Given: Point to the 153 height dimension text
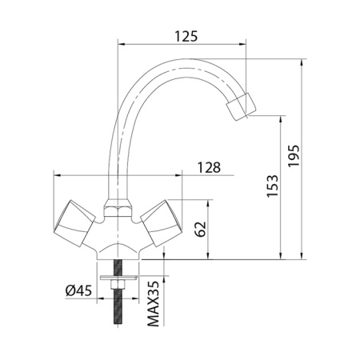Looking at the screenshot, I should point(272,186).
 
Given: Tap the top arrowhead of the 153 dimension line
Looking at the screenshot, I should point(281,118).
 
